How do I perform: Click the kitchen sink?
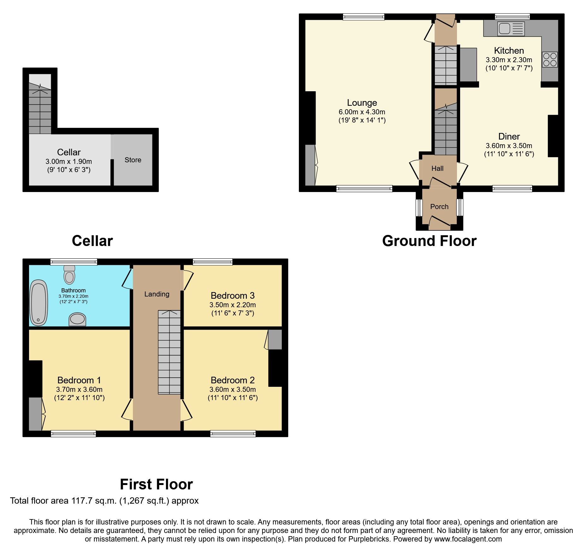pyautogui.click(x=511, y=29)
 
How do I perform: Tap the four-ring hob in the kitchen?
pyautogui.click(x=550, y=59)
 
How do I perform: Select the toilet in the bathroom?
pyautogui.click(x=69, y=275)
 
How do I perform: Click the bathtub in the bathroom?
pyautogui.click(x=39, y=302)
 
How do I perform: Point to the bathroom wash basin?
pyautogui.click(x=77, y=319)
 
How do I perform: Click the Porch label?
pyautogui.click(x=439, y=207)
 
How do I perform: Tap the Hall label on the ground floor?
pyautogui.click(x=437, y=169)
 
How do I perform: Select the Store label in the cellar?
pyautogui.click(x=133, y=160)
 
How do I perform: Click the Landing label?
pyautogui.click(x=157, y=294)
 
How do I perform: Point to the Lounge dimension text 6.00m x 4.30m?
pyautogui.click(x=362, y=112)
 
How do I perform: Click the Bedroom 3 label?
pyautogui.click(x=233, y=296)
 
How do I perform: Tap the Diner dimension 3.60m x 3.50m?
pyautogui.click(x=509, y=146)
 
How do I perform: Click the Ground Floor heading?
pyautogui.click(x=429, y=241)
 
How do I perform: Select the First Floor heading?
pyautogui.click(x=156, y=484)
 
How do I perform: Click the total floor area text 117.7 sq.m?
pyautogui.click(x=104, y=501)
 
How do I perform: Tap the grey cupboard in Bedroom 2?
pyautogui.click(x=275, y=339)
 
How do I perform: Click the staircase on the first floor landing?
pyautogui.click(x=169, y=352)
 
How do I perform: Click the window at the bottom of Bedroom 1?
pyautogui.click(x=73, y=434)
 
